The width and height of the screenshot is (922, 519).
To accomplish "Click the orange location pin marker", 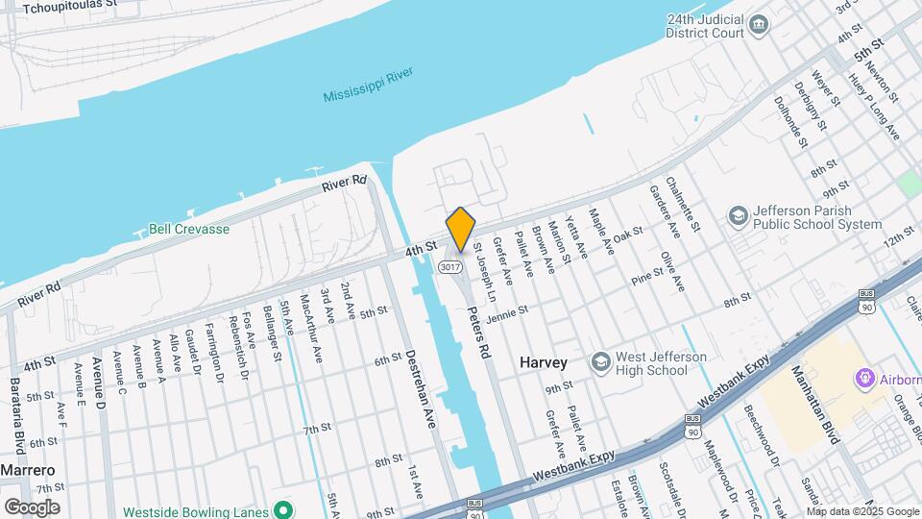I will pos(461,230).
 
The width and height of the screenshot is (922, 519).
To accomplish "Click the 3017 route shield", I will pos(449,266).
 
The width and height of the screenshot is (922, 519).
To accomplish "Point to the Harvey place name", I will pos(544,362).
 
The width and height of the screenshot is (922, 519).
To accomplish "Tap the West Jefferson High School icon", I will pos(601,361).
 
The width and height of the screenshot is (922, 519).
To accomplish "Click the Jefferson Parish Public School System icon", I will pos(739,215).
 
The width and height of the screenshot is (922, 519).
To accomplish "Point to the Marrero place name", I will pos(27,470).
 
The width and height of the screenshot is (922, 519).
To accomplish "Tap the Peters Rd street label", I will pos(478,333).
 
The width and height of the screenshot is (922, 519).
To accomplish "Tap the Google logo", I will pos(32,507).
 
